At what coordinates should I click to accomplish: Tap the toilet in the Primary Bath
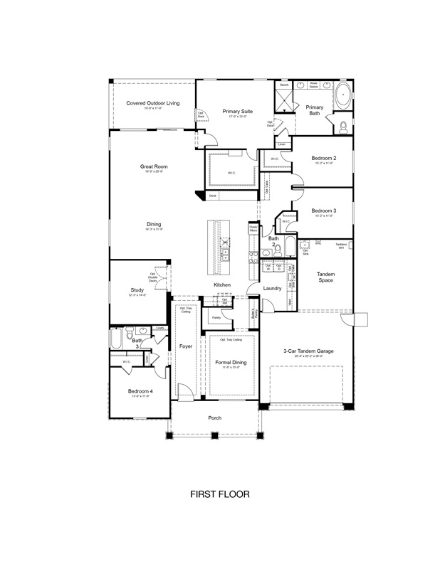[x=342, y=127]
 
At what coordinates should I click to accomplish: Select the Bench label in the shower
[x=284, y=85]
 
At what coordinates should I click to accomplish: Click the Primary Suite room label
[x=237, y=112]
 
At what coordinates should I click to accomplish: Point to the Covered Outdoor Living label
[x=153, y=103]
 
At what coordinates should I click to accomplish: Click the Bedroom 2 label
[x=323, y=158]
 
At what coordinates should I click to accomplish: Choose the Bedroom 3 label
[x=323, y=211]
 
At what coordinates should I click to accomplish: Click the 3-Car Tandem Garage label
[x=308, y=351]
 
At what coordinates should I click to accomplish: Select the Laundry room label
[x=272, y=288]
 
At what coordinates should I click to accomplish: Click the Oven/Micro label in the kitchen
[x=253, y=229]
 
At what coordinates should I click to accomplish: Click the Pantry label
[x=216, y=317]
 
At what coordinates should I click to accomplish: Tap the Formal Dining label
[x=231, y=363]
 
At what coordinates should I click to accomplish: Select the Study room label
[x=137, y=290]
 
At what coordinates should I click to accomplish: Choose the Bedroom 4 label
[x=139, y=392]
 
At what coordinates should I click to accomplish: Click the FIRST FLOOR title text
[x=219, y=493]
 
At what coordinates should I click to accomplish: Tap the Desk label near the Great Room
[x=212, y=195]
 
